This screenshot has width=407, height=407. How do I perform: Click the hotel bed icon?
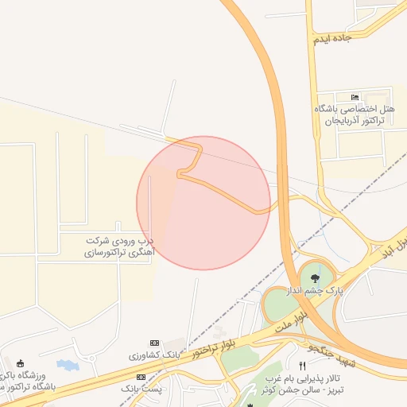click(x=354, y=97)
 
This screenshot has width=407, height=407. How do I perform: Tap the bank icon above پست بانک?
click(x=141, y=376)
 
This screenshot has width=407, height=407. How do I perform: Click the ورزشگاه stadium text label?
click(x=29, y=375)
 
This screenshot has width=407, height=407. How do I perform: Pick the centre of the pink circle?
click(x=203, y=203)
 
